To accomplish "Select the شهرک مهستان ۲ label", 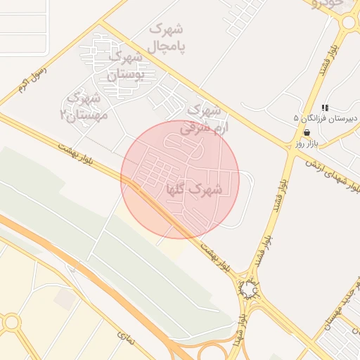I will point(84,105).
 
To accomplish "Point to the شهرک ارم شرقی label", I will point(202,119).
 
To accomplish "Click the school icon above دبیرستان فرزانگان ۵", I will point(325,108).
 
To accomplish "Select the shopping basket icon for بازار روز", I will point(306,132).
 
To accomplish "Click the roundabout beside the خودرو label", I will point(349,22).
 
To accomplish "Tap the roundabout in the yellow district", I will point(11,323).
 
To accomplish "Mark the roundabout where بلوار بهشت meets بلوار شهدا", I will point(249,288).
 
